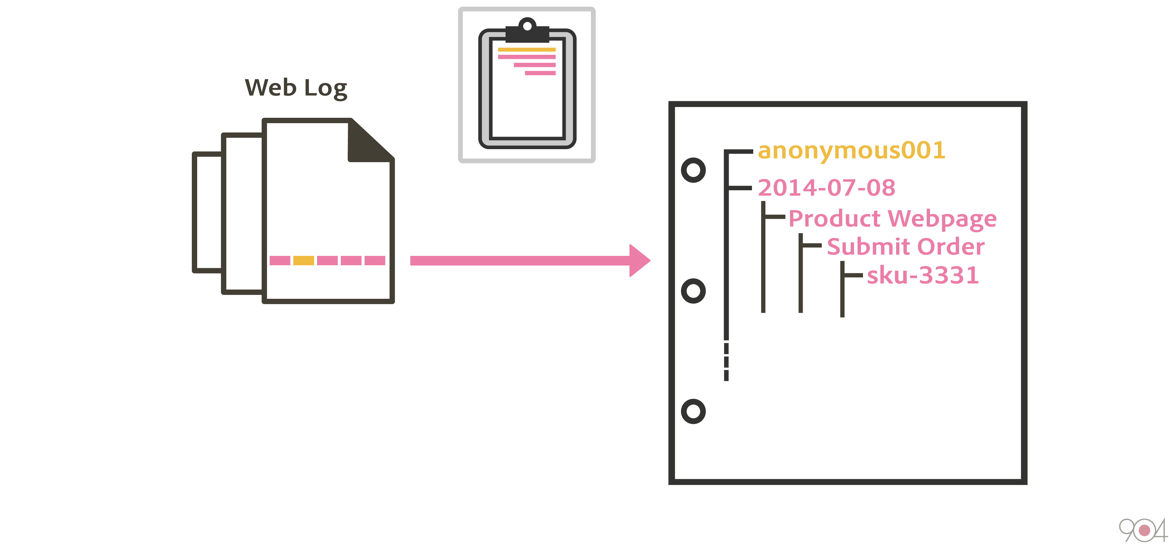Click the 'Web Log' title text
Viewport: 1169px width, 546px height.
[x=296, y=87]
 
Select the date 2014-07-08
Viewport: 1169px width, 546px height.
[x=826, y=188]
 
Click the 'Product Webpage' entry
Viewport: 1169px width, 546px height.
[x=892, y=219]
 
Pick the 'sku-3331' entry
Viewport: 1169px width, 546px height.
[x=923, y=275]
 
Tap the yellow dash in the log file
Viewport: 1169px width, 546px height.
[x=303, y=260]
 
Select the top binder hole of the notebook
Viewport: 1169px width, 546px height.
[x=693, y=170]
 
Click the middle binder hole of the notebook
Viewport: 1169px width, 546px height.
[x=693, y=291]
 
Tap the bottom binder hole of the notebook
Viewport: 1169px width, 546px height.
[x=693, y=412]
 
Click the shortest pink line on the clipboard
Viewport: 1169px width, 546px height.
[x=540, y=73]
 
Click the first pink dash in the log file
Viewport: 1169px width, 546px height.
[x=280, y=260]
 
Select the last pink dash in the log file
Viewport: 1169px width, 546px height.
[x=375, y=260]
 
